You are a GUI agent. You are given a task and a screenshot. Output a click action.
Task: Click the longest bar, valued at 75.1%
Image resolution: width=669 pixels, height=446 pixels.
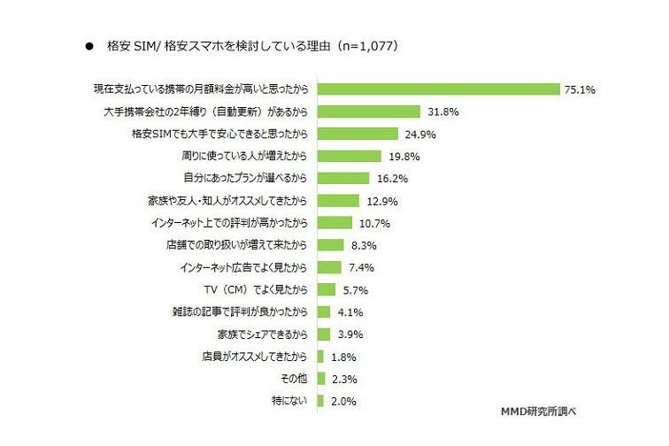tap(439, 89)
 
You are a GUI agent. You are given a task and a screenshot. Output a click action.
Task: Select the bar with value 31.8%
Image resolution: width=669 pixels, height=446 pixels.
tap(368, 111)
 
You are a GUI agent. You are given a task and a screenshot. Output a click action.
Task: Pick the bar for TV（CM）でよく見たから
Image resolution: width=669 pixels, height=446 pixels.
tap(327, 289)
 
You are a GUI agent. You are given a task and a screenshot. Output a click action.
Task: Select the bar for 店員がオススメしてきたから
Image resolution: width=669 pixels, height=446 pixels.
tap(320, 357)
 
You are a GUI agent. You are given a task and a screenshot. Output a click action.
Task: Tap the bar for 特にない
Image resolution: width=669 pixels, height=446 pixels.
tap(321, 401)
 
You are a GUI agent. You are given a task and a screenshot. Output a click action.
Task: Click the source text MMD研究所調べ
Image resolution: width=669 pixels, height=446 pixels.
tap(538, 412)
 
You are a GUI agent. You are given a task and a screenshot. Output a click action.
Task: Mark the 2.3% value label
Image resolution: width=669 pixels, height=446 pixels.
tap(348, 379)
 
